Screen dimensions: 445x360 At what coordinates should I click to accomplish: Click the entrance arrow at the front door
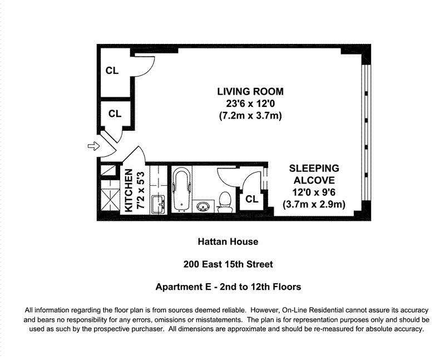click(x=93, y=146)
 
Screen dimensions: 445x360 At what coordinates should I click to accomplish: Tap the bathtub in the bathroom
click(x=181, y=189)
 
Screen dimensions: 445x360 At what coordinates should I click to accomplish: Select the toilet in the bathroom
click(x=225, y=202)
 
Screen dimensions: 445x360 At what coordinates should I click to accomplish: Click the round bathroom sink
click(x=203, y=206)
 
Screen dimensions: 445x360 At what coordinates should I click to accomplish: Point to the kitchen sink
click(x=159, y=204)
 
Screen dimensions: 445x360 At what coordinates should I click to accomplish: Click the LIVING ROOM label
click(x=250, y=91)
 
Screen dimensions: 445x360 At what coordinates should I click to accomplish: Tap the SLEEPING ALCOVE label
click(x=314, y=174)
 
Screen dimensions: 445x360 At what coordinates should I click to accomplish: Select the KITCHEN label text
click(x=128, y=190)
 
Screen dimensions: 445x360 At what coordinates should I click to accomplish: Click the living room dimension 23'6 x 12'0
click(x=250, y=103)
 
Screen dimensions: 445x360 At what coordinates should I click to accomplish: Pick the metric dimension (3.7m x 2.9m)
click(x=314, y=204)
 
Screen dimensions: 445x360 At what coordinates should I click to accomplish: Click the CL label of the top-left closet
click(x=112, y=71)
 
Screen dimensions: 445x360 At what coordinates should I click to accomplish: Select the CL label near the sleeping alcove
click(x=252, y=199)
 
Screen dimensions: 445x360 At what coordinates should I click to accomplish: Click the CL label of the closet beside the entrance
click(x=115, y=114)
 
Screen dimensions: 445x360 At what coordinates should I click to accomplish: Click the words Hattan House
click(x=228, y=241)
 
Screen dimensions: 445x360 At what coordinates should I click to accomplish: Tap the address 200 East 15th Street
click(x=228, y=264)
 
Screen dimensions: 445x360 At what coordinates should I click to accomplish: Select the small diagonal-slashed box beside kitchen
click(x=108, y=170)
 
